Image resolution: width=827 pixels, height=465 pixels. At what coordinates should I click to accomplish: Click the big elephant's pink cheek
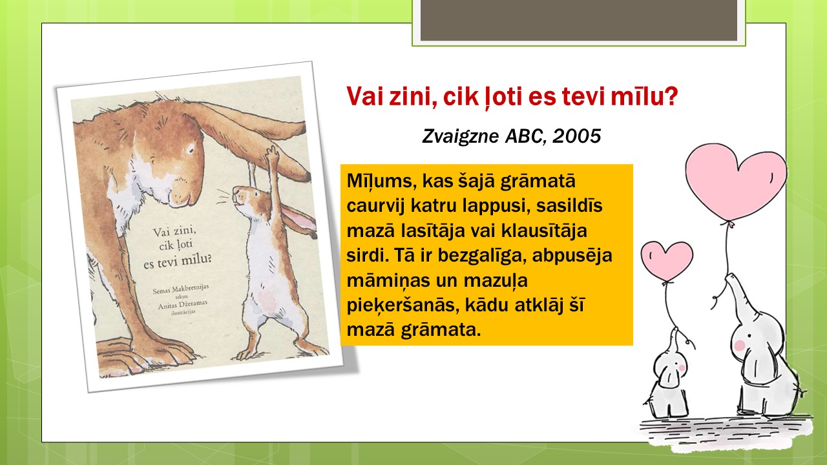click(740, 346)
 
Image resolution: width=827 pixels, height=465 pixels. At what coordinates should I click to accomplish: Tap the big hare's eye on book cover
click(191, 149)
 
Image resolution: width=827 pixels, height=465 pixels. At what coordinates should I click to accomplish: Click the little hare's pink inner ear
click(298, 219)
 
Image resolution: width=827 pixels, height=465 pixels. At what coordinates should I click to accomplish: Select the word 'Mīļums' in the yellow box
click(381, 181)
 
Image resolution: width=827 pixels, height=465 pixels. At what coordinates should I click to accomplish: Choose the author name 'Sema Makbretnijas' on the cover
click(181, 289)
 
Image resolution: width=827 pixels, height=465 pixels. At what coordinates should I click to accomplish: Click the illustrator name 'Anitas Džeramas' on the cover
click(183, 304)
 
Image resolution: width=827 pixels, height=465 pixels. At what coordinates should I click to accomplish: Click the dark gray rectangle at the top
click(578, 20)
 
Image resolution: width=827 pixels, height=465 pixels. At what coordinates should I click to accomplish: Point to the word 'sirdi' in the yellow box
click(366, 255)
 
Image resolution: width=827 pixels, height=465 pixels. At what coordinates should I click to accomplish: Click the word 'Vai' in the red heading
click(364, 96)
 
